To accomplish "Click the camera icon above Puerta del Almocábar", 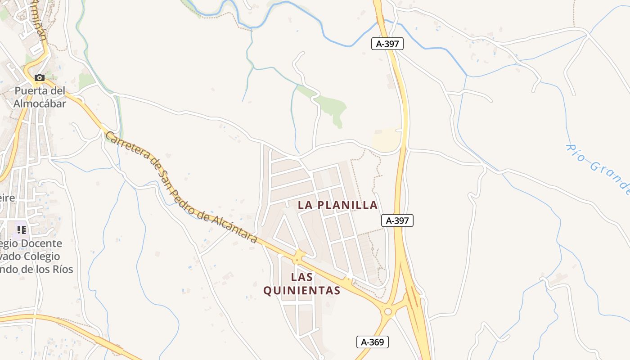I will pos(40,77).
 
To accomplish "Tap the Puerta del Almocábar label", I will pos(40,97).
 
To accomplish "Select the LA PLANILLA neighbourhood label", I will pos(337,205).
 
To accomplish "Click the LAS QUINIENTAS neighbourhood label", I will pos(301,283).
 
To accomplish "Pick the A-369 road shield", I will pos(373,342).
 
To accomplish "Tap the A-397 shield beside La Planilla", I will pos(397,220).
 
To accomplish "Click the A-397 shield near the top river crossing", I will pos(387,44).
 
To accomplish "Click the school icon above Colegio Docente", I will pos(21,230).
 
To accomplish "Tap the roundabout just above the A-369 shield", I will pos(387,311).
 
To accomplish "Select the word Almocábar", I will pos(40,103).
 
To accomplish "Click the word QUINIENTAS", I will pos(301,291).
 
